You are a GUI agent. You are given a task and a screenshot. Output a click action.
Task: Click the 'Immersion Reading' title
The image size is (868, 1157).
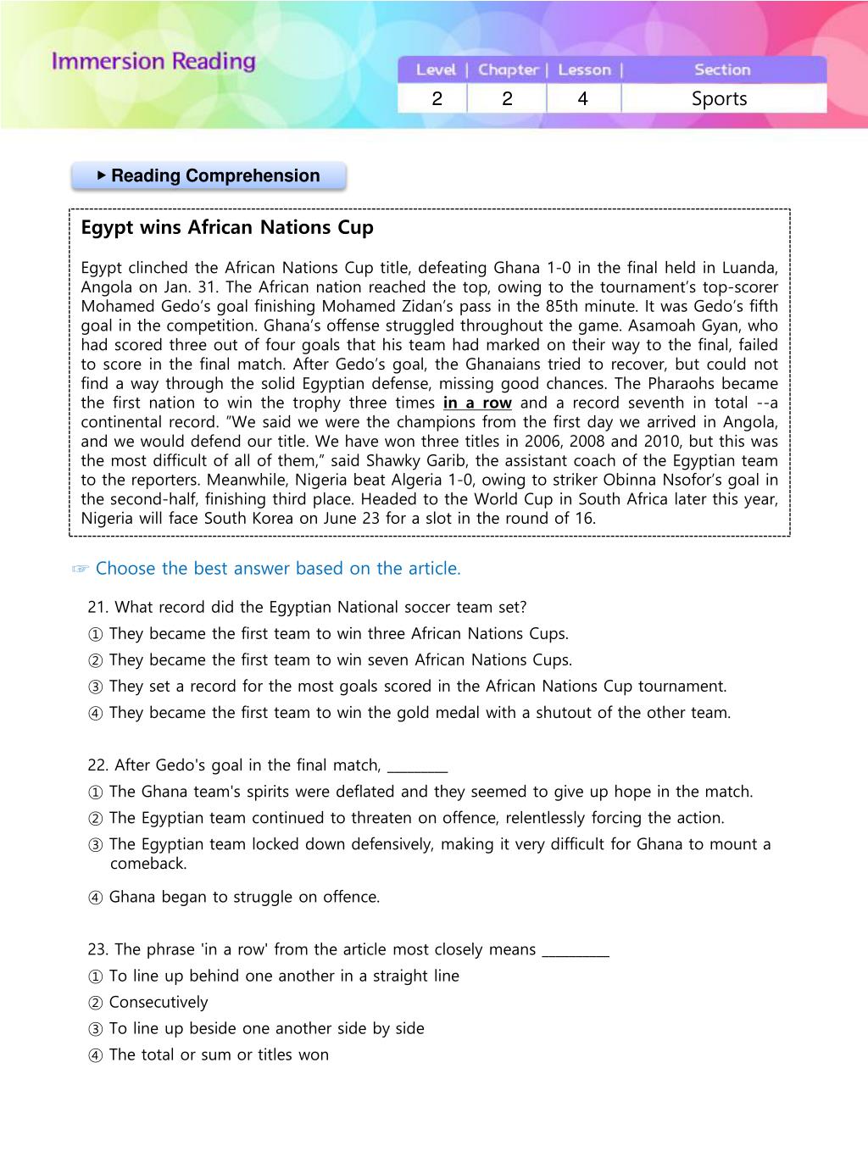coord(153,61)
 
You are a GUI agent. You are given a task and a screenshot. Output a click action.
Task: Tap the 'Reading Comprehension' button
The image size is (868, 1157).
coord(209,176)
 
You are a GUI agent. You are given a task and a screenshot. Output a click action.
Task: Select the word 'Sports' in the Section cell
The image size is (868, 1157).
coord(719,99)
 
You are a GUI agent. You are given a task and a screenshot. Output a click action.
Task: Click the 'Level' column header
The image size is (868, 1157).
coord(436,70)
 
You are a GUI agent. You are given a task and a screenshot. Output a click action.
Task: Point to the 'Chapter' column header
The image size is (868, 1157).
coord(508,70)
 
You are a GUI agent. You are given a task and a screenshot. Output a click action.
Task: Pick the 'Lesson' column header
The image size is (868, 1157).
coord(584,70)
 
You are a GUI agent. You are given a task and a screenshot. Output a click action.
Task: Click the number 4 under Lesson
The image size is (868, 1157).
coord(582,99)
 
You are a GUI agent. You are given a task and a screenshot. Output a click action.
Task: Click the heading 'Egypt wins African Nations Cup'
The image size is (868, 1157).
coord(227,228)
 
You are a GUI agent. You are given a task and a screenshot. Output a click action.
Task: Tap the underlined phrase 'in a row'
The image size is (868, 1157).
coord(477,403)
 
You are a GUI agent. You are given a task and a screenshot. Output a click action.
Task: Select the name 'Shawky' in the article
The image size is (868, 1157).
coord(392,461)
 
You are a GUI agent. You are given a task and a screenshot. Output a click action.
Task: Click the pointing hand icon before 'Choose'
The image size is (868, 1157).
coord(81,570)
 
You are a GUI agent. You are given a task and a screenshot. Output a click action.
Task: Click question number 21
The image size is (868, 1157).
coord(98,608)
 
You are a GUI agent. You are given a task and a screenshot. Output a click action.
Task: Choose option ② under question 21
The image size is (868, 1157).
coord(95,660)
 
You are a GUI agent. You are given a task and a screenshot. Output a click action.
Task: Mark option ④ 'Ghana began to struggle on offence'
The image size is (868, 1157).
coord(95,898)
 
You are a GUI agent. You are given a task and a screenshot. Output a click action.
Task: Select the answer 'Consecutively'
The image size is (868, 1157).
coord(159,1003)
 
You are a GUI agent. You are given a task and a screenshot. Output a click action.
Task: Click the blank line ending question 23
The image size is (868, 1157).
coord(576,953)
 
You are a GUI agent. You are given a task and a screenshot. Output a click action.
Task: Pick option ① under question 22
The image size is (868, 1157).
coord(95,793)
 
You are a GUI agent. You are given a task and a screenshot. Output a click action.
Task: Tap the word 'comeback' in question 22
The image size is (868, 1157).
coord(148,864)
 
